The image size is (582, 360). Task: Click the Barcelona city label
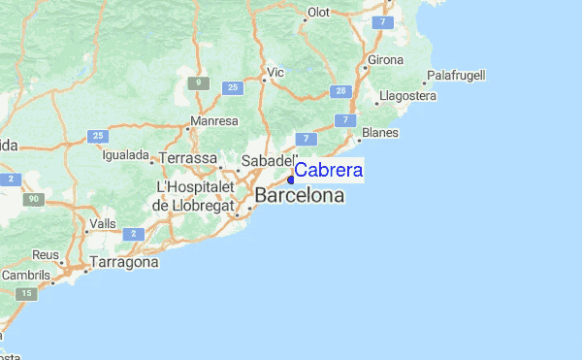pos(299,196)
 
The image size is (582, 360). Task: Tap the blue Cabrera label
pos(329,171)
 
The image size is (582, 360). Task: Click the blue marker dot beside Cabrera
pos(291,179)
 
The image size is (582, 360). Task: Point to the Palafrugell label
pos(456,75)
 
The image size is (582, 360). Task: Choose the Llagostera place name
pos(408,96)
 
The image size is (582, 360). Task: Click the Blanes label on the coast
pos(380,133)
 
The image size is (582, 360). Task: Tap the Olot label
pos(319,13)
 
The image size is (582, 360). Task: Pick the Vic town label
pos(275,72)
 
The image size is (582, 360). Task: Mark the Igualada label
pos(125,155)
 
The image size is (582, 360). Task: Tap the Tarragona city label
pos(123,262)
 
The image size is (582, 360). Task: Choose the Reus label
pos(46,254)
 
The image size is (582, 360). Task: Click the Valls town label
pos(102,224)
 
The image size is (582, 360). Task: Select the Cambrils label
pos(25,275)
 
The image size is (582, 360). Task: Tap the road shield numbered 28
pos(339,90)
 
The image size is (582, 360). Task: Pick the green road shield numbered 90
pos(34,199)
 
